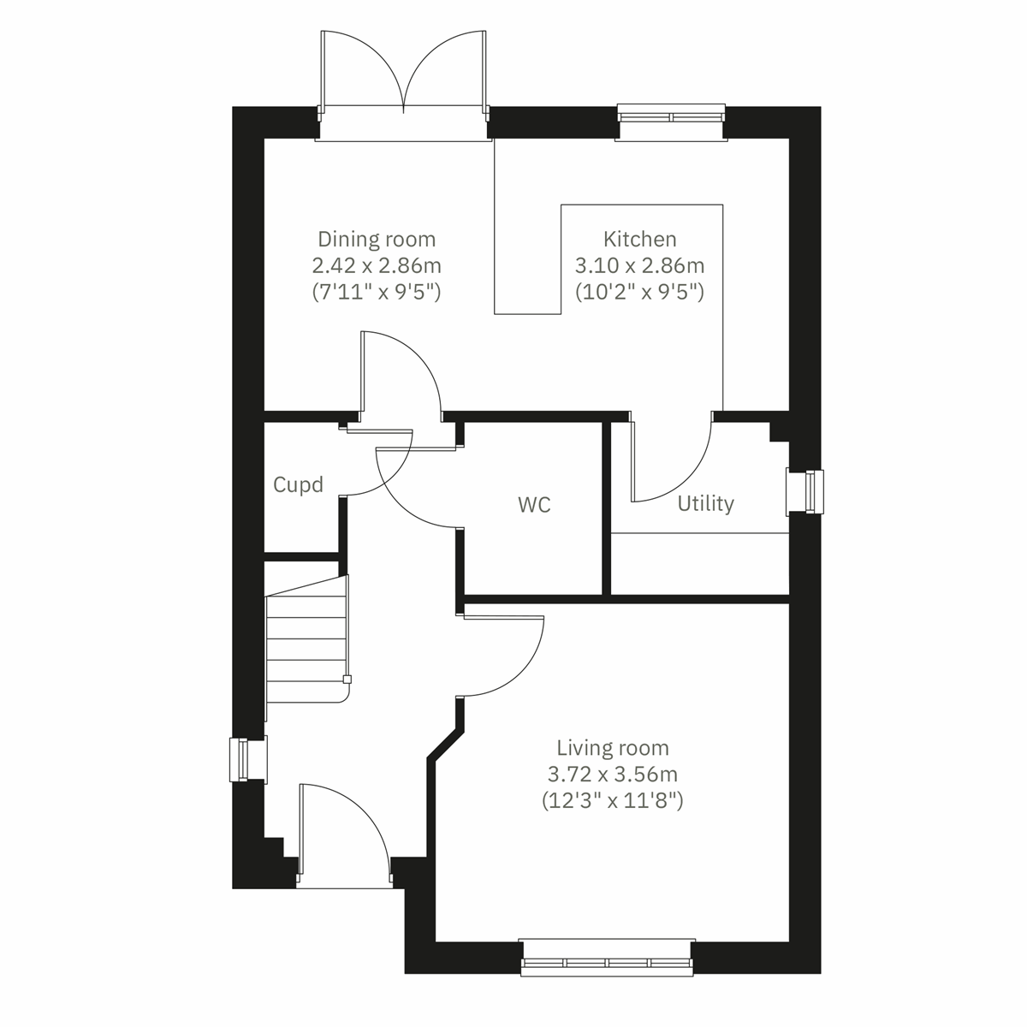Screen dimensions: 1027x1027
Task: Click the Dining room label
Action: click(377, 239)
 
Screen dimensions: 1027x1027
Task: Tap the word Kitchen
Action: click(639, 239)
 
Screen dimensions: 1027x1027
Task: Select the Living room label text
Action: click(612, 749)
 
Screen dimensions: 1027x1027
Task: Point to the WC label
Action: click(534, 505)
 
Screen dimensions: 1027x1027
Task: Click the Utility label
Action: click(705, 503)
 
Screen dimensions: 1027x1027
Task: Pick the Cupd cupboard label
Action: click(298, 485)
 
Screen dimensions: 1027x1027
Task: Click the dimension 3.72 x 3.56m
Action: click(612, 775)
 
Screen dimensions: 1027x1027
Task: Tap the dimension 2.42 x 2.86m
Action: click(377, 265)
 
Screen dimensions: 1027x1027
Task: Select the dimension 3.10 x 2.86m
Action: click(639, 265)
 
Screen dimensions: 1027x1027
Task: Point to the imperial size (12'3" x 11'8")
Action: click(612, 802)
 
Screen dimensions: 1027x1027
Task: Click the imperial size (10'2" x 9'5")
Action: click(639, 292)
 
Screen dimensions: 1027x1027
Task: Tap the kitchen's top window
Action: click(672, 117)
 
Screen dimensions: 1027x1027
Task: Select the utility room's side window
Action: click(804, 492)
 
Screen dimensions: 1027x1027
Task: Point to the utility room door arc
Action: click(676, 462)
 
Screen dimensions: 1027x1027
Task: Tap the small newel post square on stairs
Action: click(347, 680)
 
